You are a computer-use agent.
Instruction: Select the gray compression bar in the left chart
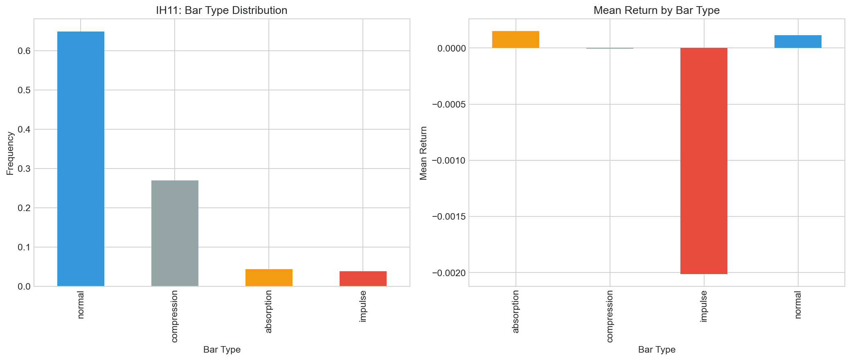coord(175,233)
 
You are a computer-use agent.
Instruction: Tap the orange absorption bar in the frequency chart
coord(269,278)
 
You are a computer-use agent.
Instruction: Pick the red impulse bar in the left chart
coord(363,279)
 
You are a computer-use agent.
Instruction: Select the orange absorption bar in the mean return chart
coord(516,40)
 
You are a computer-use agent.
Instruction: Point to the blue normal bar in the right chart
coord(798,42)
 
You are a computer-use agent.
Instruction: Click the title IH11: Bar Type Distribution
coord(221,10)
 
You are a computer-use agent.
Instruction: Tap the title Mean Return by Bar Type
coord(656,10)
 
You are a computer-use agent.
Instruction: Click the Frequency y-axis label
coord(10,153)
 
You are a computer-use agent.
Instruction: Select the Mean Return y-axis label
coord(423,153)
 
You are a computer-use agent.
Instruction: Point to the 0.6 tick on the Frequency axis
coord(24,51)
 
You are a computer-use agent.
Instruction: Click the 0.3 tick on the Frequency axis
coord(24,169)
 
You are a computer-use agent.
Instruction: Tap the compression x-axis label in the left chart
coord(175,316)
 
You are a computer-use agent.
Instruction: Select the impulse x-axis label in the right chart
coord(704,306)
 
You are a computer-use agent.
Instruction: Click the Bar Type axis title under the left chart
coord(222,350)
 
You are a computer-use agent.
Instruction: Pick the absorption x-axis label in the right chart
coord(516,311)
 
